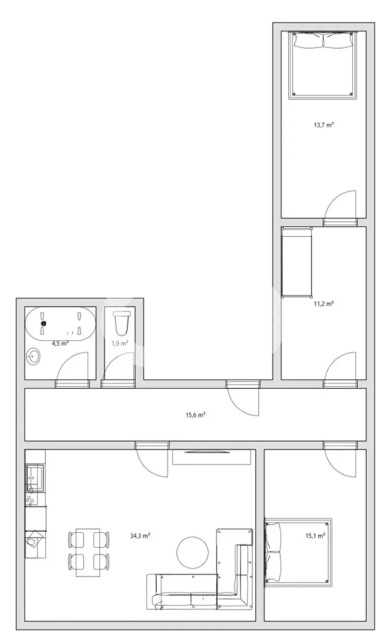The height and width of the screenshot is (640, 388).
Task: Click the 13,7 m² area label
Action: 324,125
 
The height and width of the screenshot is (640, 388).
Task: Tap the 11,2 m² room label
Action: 324,303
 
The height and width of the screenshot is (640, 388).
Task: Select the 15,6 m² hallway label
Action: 196,415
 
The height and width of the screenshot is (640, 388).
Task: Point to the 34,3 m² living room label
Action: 140,535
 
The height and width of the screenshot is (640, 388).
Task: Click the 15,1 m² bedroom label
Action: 315,535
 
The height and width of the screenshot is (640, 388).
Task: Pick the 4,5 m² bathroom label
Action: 60,343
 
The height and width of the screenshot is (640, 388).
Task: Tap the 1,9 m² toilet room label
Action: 120,343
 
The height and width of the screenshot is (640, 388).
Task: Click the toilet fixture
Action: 122,323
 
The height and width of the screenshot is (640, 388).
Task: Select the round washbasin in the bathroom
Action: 33,356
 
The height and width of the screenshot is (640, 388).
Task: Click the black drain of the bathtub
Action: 44,323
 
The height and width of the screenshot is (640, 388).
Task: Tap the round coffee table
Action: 192,553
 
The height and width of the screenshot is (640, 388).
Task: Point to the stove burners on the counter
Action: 30,495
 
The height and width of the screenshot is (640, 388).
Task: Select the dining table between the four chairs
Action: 88,553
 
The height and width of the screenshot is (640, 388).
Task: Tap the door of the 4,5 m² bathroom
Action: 72,366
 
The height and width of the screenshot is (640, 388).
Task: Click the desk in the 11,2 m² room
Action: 297,262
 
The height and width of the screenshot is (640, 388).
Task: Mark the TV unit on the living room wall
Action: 212,457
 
